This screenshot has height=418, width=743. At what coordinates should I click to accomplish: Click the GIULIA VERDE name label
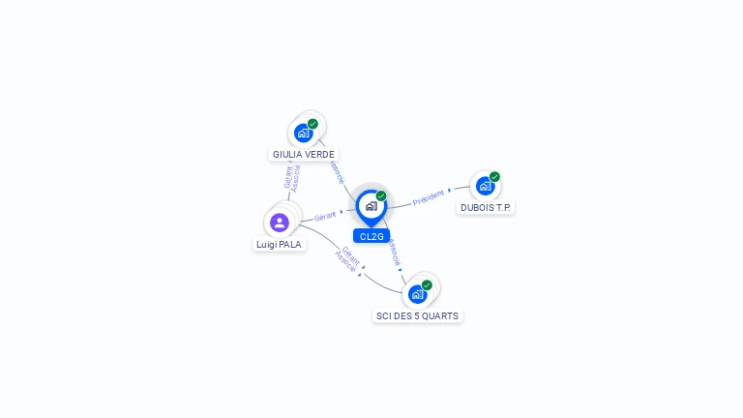pyautogui.click(x=304, y=154)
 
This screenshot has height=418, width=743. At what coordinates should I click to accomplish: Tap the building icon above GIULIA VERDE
pyautogui.click(x=304, y=133)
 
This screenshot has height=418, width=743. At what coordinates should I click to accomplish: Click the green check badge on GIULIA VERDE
pyautogui.click(x=312, y=124)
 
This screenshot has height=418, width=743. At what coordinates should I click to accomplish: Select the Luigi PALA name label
pyautogui.click(x=280, y=245)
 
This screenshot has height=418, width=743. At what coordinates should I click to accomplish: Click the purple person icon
pyautogui.click(x=280, y=223)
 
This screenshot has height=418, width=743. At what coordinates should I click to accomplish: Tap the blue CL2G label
pyautogui.click(x=371, y=236)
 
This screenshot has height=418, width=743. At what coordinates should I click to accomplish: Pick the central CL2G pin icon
pyautogui.click(x=371, y=206)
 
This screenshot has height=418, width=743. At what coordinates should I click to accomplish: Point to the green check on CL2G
pyautogui.click(x=381, y=196)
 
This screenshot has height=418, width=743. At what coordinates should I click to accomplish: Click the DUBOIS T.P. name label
pyautogui.click(x=487, y=207)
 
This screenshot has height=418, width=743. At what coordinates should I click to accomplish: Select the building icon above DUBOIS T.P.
pyautogui.click(x=486, y=186)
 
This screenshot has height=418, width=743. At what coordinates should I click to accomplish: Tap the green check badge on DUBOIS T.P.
pyautogui.click(x=494, y=177)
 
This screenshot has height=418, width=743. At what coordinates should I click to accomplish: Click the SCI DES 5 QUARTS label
pyautogui.click(x=418, y=315)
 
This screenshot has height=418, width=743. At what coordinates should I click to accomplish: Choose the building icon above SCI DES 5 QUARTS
pyautogui.click(x=418, y=293)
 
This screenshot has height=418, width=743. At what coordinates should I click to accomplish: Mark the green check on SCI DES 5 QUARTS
pyautogui.click(x=427, y=285)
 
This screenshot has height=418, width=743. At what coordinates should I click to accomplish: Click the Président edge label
pyautogui.click(x=429, y=197)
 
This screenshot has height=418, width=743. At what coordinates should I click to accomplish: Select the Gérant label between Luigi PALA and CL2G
pyautogui.click(x=326, y=216)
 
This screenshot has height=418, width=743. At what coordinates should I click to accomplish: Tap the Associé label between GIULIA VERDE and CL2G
pyautogui.click(x=337, y=171)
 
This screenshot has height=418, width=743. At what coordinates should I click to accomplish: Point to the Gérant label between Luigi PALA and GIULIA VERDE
pyautogui.click(x=287, y=176)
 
